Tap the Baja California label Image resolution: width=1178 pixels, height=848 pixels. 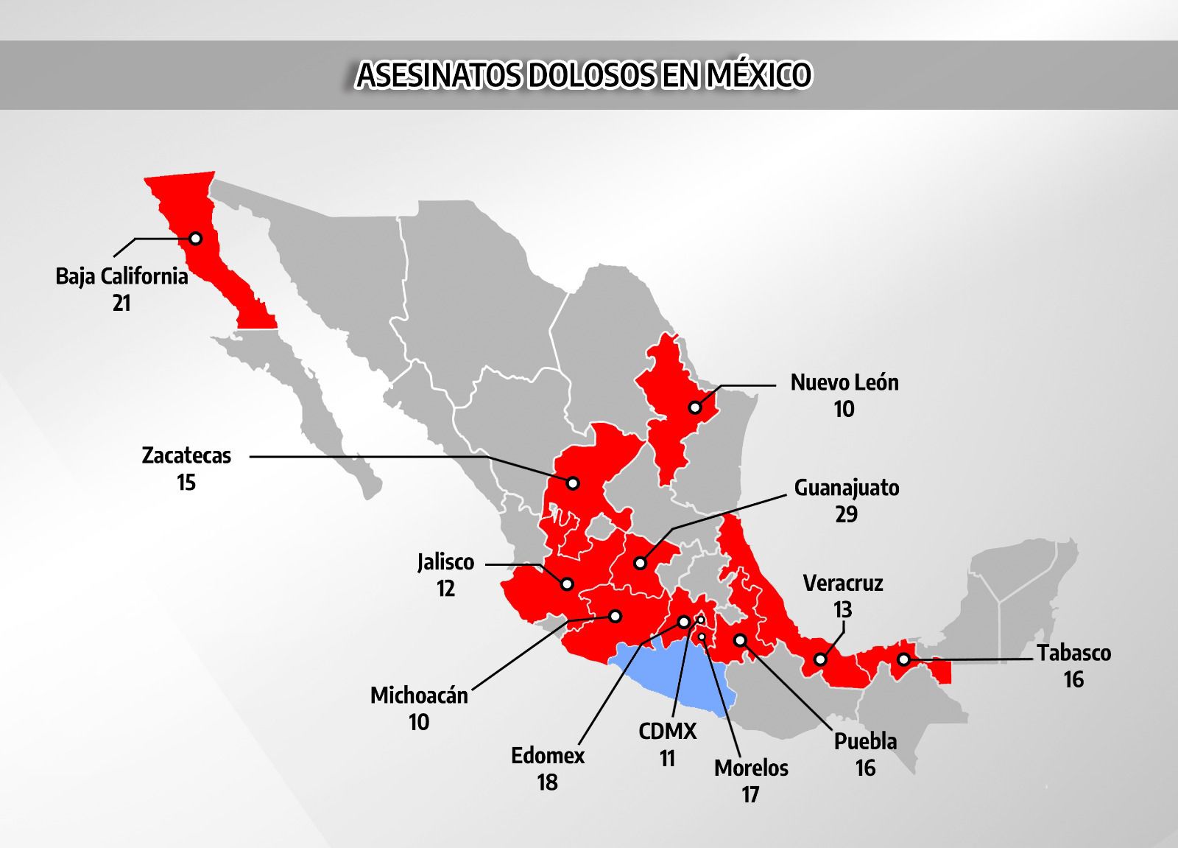(121, 276)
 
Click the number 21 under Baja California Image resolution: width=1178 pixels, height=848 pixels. (121, 303)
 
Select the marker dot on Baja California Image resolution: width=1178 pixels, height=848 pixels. (195, 239)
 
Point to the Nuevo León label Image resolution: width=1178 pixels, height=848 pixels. (844, 382)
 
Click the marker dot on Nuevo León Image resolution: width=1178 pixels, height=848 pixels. (694, 407)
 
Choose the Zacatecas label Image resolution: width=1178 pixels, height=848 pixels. (186, 455)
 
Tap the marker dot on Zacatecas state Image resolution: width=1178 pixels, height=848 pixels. (573, 483)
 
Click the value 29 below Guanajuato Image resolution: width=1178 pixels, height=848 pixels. (846, 514)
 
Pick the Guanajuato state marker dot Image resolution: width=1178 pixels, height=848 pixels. (640, 563)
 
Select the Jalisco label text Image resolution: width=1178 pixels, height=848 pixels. (445, 562)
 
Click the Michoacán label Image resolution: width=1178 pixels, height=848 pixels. (419, 695)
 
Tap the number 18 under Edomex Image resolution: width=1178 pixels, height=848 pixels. (547, 782)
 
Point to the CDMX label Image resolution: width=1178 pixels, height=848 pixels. (667, 732)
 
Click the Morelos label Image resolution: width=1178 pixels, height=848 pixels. (751, 768)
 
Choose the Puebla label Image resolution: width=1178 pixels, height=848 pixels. (865, 741)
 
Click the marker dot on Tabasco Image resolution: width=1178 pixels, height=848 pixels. (903, 659)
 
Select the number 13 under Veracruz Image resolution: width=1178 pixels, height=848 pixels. (842, 610)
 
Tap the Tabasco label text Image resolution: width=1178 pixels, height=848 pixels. (1073, 653)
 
